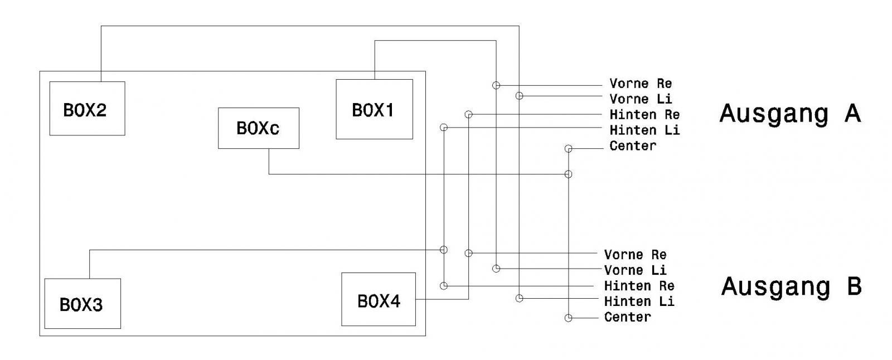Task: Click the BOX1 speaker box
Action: (x=374, y=109)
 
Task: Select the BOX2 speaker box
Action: (x=87, y=109)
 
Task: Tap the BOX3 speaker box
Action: (x=82, y=304)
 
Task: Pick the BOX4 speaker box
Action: (x=378, y=299)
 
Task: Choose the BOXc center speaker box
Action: (x=258, y=128)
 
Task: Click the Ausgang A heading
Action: (x=790, y=113)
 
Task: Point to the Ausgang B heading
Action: (x=791, y=286)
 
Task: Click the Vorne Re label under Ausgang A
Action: (x=641, y=84)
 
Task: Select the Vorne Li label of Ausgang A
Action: (x=641, y=99)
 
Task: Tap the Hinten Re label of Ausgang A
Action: (x=644, y=115)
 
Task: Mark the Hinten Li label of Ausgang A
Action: (x=644, y=130)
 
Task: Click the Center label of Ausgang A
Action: (x=633, y=146)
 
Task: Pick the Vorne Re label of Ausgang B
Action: (x=635, y=255)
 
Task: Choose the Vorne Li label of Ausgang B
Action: (x=635, y=270)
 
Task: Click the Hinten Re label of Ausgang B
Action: (x=639, y=286)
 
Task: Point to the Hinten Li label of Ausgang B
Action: (x=639, y=301)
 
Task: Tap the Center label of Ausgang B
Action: (x=627, y=317)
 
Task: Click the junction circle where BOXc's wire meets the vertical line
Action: (x=568, y=174)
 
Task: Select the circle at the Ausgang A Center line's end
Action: (x=568, y=149)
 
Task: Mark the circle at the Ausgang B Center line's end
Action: (x=568, y=318)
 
